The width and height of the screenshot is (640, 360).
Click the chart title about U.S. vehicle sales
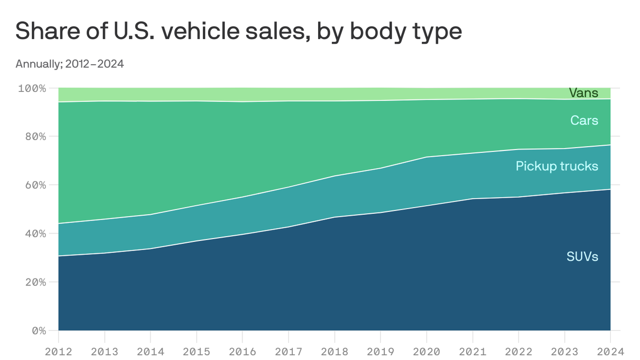coord(238,32)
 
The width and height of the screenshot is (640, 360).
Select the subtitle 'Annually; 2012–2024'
coord(69,64)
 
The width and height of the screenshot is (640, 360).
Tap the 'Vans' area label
coord(583,93)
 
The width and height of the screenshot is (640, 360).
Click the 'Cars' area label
coord(584,120)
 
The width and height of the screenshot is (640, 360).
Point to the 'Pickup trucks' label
coord(557,166)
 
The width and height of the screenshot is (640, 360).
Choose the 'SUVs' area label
coord(582,256)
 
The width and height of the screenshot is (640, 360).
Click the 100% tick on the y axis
coord(32,88)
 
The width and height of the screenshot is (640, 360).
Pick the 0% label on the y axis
coord(37,330)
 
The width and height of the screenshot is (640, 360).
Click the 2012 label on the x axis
coord(59,351)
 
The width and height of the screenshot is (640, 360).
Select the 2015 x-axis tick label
coord(196,351)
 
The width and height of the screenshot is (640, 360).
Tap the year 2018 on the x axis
coord(335,351)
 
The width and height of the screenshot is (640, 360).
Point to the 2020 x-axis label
coord(426,351)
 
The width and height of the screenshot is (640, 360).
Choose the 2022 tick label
coord(518,351)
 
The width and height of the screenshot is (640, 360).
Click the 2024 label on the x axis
coord(610,351)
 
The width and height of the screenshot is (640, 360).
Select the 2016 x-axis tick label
coord(242,351)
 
